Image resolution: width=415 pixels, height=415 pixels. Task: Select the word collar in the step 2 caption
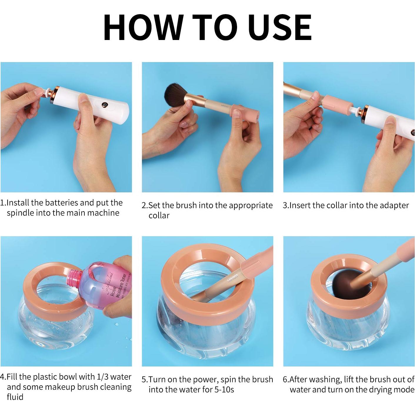[159, 215]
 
